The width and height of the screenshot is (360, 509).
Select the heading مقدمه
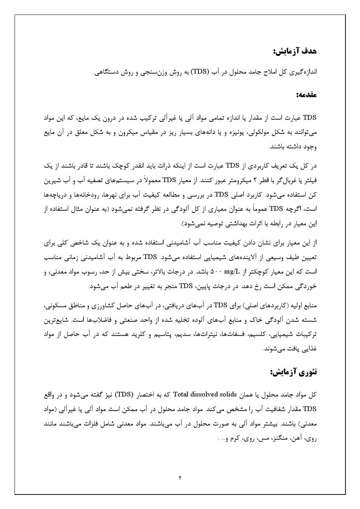click(306, 95)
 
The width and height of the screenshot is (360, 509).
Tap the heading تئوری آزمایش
click(294, 372)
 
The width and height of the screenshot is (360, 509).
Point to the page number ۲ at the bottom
click(180, 477)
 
